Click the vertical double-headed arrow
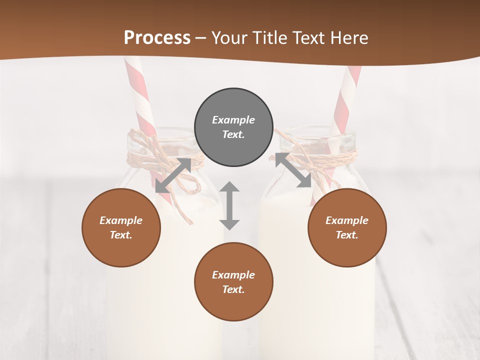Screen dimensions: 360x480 point(229,205)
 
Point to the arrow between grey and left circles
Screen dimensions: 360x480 point(173,175)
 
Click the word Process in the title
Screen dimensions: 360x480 point(157,38)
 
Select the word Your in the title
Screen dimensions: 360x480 point(229,38)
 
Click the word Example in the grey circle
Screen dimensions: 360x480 point(233,120)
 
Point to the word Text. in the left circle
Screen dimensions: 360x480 point(121,235)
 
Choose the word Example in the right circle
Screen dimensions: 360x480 point(347,220)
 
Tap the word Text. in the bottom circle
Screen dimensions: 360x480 point(233,289)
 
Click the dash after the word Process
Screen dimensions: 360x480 point(201,38)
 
